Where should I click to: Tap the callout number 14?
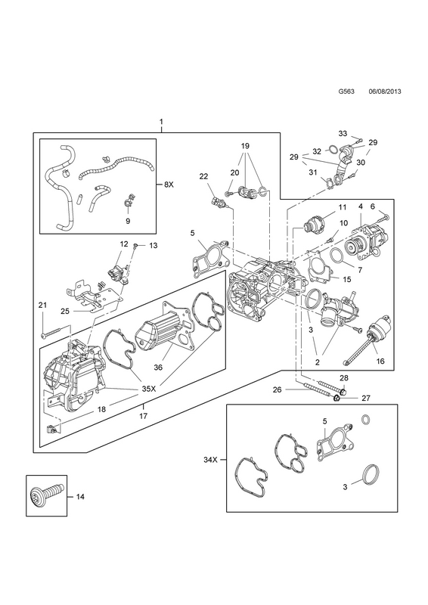[79, 497]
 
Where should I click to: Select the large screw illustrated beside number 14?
[46, 495]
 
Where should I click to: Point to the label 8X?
[169, 185]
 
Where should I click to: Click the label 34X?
[211, 460]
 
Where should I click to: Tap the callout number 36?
[158, 368]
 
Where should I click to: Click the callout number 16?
[380, 361]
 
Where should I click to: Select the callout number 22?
[203, 176]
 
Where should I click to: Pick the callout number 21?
[42, 306]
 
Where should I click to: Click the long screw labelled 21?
[57, 333]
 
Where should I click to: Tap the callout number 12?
[123, 244]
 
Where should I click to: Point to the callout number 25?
[65, 311]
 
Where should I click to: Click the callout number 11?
[343, 207]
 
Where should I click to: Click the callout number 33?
[343, 134]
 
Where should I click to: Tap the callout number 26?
[277, 389]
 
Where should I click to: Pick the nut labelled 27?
[337, 398]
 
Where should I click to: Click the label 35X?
[148, 389]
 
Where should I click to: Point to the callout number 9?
[128, 221]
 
